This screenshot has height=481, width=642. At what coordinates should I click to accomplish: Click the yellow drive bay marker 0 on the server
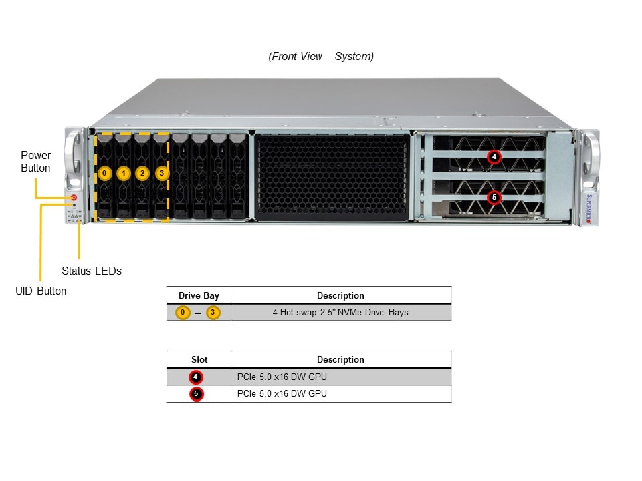[x=104, y=174]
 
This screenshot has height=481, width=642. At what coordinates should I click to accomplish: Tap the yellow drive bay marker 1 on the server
[x=123, y=174]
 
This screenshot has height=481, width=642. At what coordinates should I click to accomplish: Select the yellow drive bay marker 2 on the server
[x=142, y=174]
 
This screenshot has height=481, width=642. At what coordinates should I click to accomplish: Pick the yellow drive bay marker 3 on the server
[x=161, y=174]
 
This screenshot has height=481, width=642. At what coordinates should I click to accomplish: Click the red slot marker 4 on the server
[x=494, y=157]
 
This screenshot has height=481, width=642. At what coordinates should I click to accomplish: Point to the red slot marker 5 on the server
[x=494, y=197]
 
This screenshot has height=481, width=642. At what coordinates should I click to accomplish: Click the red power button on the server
[x=74, y=198]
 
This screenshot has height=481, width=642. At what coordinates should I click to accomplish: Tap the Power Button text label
[x=35, y=162]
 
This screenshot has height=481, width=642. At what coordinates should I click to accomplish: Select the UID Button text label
[x=41, y=291]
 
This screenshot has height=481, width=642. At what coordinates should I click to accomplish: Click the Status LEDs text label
[x=92, y=271]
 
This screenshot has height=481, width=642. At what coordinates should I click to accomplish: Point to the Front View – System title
[x=321, y=56]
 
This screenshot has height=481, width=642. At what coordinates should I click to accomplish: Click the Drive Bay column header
[x=199, y=295]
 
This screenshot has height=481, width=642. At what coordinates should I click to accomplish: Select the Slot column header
[x=199, y=359]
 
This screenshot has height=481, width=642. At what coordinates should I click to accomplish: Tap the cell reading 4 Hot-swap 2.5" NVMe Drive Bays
[x=340, y=312]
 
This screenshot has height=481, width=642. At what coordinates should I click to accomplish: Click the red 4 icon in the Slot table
[x=196, y=377]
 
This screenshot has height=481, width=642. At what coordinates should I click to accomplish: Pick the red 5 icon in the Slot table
[x=196, y=394]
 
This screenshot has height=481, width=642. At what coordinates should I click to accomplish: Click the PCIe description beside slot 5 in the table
[x=282, y=394]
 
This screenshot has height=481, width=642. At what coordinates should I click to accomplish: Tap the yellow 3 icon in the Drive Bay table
[x=213, y=312]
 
